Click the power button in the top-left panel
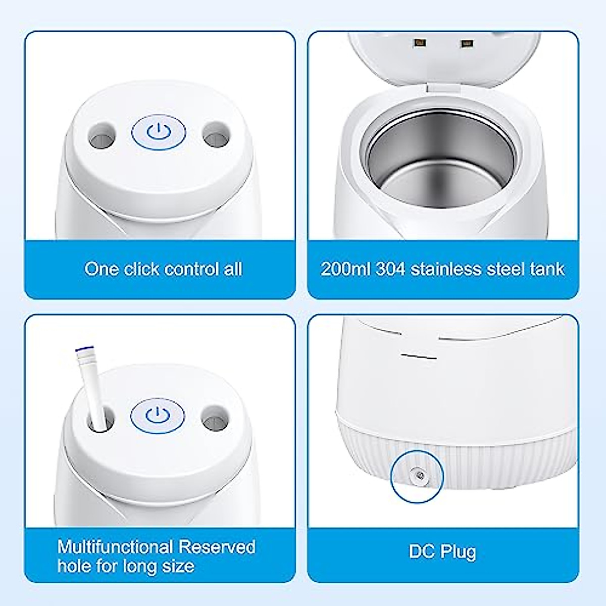159,133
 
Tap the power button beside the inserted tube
158,415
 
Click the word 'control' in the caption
192,269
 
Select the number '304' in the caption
390,269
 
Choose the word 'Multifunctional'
115,547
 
